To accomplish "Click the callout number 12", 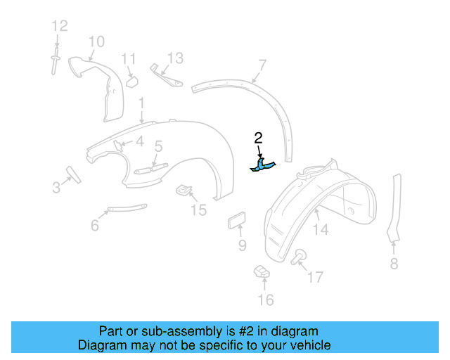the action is tap(59, 26).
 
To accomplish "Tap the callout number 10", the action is tap(96, 41).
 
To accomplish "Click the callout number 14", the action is tap(321, 229).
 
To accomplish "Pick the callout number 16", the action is tap(264, 301).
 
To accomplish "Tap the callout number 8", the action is tap(394, 264).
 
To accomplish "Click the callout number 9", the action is tap(242, 245).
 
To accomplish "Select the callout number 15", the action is tap(199, 210).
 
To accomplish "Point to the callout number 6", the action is tap(95, 225).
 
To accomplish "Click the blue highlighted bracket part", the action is tap(263, 165).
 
